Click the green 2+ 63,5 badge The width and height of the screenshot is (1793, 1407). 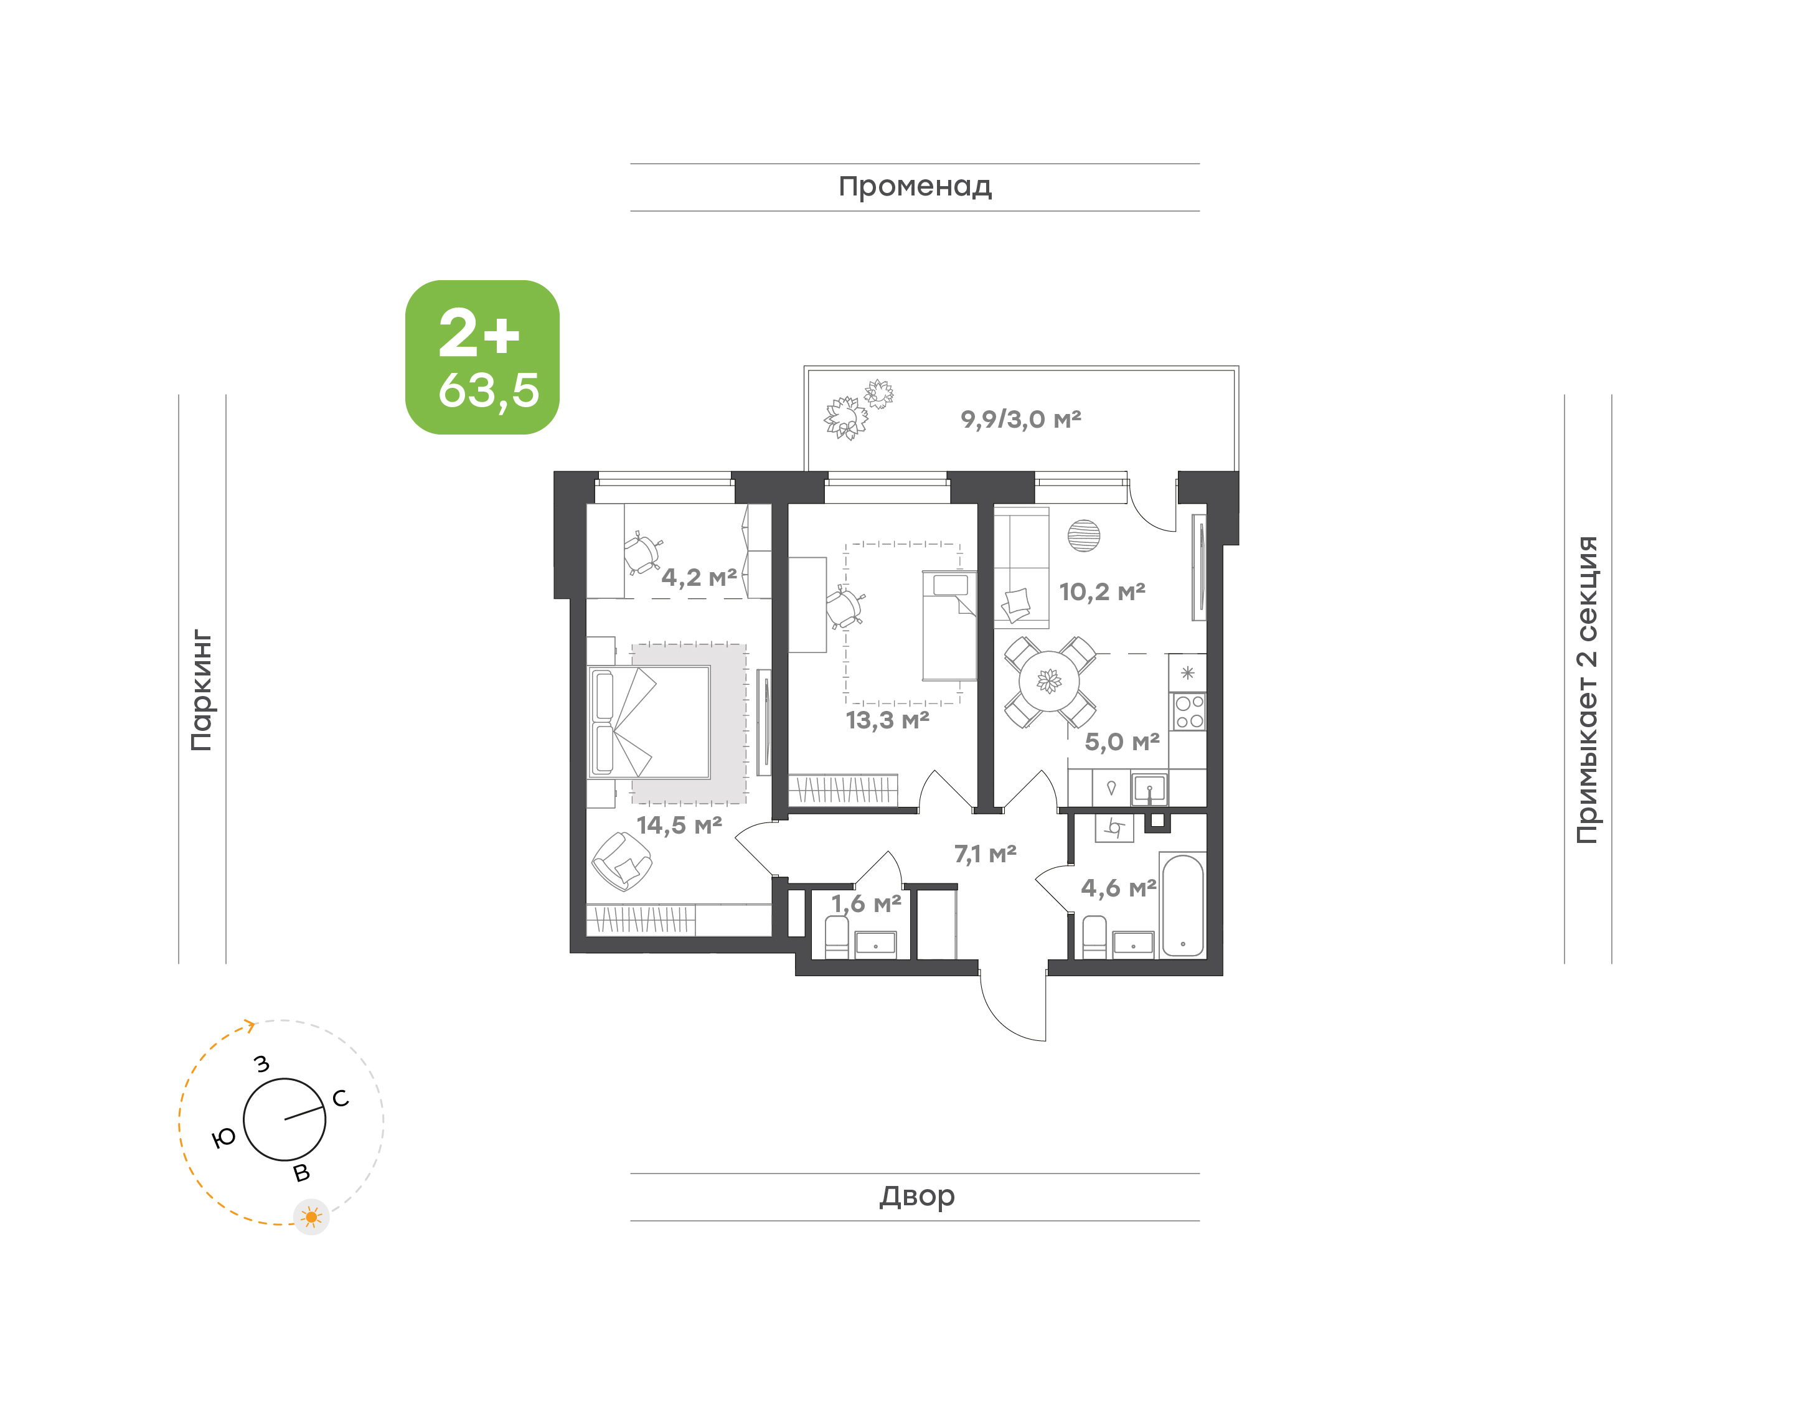point(482,357)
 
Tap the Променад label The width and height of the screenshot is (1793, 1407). point(915,187)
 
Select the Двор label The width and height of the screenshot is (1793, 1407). point(916,1196)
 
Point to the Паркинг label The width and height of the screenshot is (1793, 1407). point(202,690)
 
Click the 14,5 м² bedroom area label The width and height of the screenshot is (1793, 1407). point(679,825)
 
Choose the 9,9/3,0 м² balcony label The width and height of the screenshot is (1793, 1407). point(1020,420)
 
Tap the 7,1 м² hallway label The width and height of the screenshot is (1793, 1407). point(985,854)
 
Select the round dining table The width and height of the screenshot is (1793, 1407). point(1049,681)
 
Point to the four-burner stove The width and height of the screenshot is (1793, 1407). point(1189,712)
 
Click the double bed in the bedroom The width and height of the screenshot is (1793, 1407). point(649,722)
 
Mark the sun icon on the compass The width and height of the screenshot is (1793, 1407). point(311,1216)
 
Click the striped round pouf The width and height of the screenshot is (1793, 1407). point(1083,535)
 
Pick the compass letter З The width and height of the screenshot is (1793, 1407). point(262,1063)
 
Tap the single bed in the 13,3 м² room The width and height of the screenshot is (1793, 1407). point(949,625)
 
